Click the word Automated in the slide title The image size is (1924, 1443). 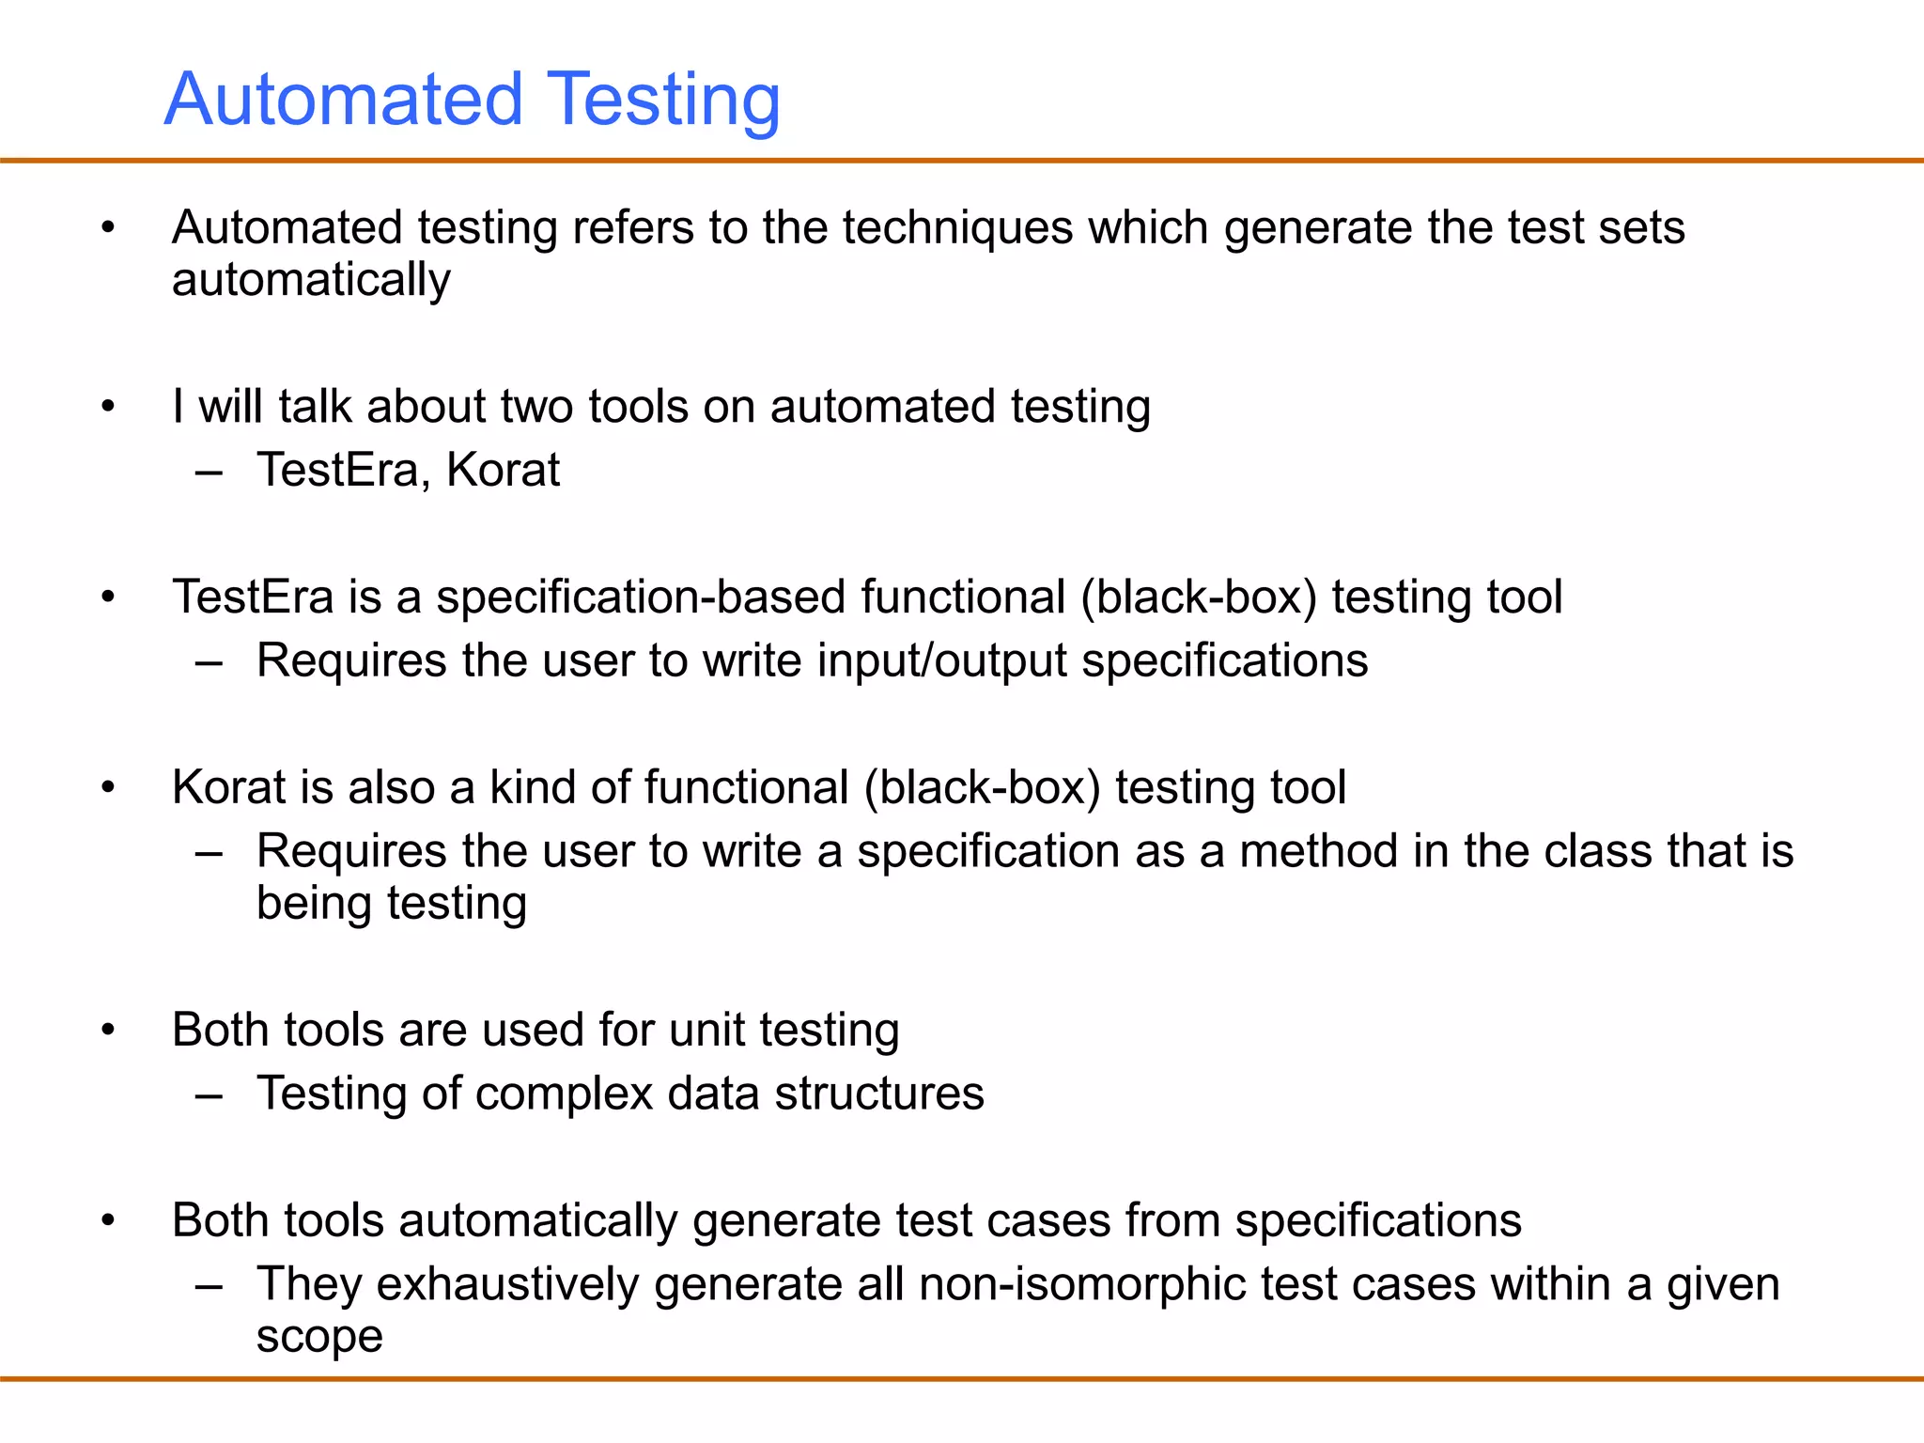(x=343, y=100)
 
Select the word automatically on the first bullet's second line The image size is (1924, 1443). (x=311, y=280)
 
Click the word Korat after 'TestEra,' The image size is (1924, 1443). (x=503, y=470)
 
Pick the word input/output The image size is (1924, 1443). (x=942, y=660)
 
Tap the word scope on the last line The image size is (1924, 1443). (x=319, y=1336)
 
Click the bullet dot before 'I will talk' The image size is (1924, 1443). (x=108, y=407)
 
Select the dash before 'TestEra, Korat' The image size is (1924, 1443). (x=209, y=472)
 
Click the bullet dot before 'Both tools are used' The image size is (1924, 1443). (x=108, y=1030)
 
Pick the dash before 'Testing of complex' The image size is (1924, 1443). (x=209, y=1095)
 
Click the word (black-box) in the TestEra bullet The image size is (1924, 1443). (x=1199, y=597)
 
